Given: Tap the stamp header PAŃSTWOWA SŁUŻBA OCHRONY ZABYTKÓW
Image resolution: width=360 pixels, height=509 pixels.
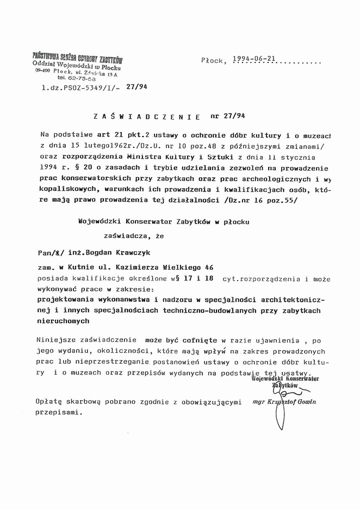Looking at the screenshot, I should click(x=77, y=58).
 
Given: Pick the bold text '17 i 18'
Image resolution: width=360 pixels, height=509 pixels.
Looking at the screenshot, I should click(x=198, y=279).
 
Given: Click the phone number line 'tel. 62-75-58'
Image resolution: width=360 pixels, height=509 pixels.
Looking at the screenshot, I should click(x=69, y=78).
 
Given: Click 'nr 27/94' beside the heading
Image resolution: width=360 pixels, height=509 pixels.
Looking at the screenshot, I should click(x=227, y=116).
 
